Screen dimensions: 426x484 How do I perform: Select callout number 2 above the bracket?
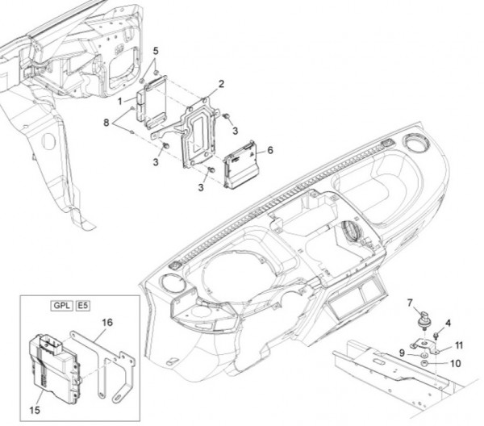[x=221, y=84]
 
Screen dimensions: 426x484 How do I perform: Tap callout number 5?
[x=156, y=50]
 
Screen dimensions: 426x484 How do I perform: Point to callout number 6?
[x=270, y=150]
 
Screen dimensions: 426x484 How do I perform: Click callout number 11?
[x=458, y=345]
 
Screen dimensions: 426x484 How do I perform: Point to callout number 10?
[x=455, y=364]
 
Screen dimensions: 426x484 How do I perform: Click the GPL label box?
[x=60, y=307]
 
